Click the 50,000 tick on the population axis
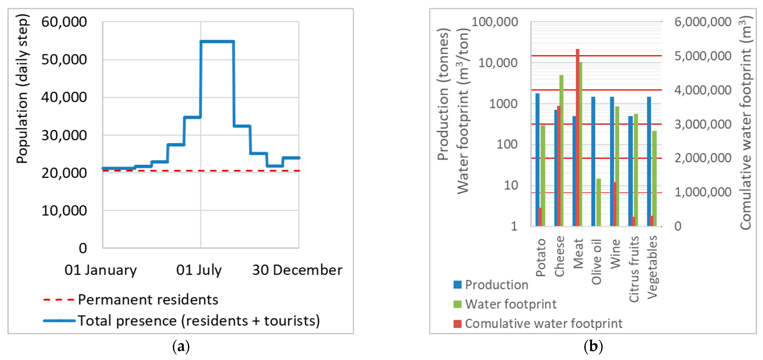point(64,60)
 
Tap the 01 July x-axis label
point(199,270)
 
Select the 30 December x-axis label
point(297,270)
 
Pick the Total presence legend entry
point(198,321)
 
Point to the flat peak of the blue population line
point(217,41)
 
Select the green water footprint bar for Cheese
point(561,151)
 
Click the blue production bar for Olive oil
point(593,162)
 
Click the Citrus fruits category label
point(633,269)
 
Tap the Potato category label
point(541,257)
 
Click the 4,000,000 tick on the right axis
point(702,90)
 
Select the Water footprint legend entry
point(511,304)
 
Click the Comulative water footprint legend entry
point(543,323)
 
